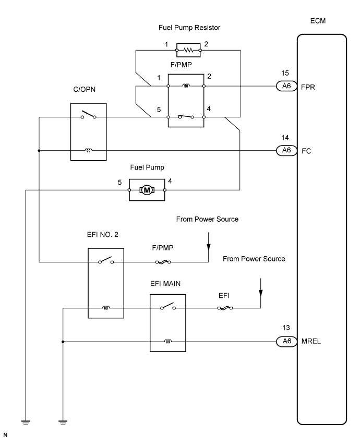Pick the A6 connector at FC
[285, 150]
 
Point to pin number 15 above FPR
[285, 74]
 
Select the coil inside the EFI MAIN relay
[167, 341]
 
